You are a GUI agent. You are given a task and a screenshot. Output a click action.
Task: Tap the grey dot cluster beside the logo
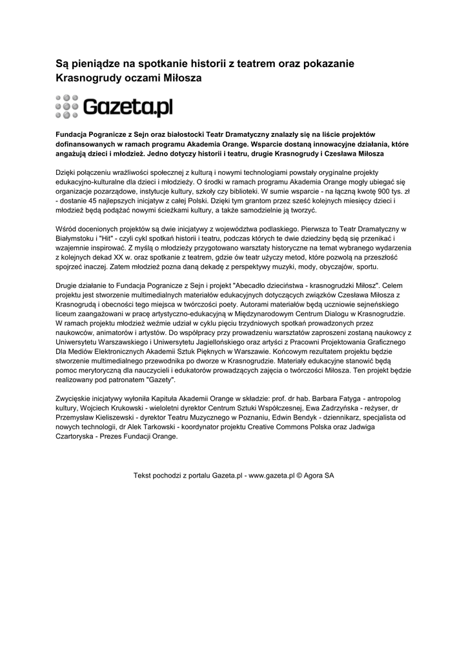coord(66,107)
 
